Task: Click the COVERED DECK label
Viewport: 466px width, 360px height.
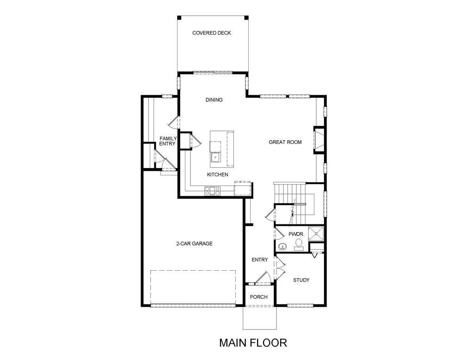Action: (211, 33)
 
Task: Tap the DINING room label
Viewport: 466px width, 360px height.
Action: (214, 100)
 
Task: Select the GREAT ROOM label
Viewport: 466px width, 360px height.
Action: (285, 142)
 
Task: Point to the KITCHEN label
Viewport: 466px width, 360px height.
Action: (218, 174)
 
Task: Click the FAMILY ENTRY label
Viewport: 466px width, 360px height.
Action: (168, 141)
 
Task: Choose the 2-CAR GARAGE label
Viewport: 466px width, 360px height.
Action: (194, 244)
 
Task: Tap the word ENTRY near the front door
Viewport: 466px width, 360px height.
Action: (260, 260)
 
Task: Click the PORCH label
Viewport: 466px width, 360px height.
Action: (258, 297)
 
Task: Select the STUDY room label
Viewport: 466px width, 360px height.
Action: (301, 280)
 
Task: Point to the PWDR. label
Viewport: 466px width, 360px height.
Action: (296, 235)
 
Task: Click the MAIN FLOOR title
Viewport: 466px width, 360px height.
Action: (253, 343)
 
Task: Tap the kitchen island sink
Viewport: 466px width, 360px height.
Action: (215, 157)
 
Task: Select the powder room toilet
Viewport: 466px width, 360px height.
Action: (298, 245)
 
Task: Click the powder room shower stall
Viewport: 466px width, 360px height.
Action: (316, 234)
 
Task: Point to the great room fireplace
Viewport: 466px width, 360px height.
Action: (319, 140)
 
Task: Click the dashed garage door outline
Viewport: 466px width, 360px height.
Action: (193, 287)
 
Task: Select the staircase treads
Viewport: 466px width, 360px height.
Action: (290, 204)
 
